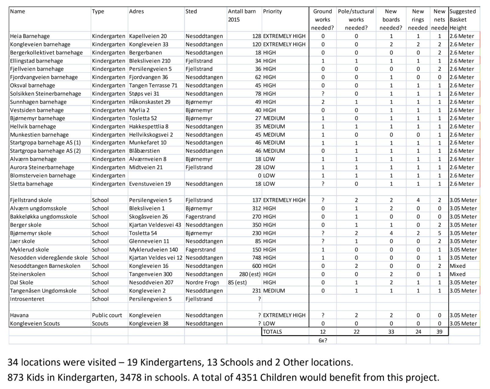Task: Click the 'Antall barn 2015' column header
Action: pos(242,16)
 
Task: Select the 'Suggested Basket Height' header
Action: pos(463,19)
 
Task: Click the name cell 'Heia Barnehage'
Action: pos(30,36)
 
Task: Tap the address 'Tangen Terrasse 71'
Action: pos(153,86)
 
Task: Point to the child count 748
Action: pos(256,258)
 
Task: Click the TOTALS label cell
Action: pos(272,332)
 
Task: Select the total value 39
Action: pos(439,332)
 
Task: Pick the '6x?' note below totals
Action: pos(323,340)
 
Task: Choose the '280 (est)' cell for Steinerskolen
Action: pos(250,274)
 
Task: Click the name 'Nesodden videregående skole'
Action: pos(49,258)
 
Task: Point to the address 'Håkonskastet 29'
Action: pos(150,102)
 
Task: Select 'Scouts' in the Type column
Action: pos(100,324)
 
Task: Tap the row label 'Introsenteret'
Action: pos(27,299)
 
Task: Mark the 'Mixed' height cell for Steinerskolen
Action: pos(457,274)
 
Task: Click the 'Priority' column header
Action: pos(272,12)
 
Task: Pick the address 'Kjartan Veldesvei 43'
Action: pos(155,225)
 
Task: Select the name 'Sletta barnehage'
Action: pos(31,184)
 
